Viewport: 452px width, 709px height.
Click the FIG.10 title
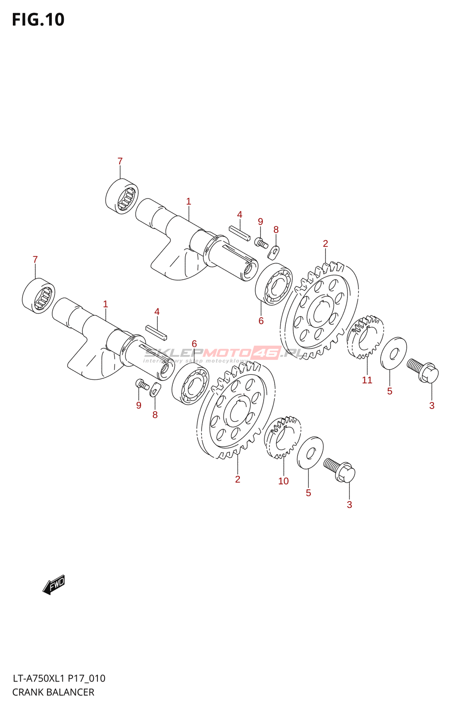coord(38,20)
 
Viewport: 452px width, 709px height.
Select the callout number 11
coord(367,380)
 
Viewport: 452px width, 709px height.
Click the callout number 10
coord(283,481)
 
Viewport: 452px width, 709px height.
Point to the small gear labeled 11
coord(365,337)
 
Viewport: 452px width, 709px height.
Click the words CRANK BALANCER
coord(53,692)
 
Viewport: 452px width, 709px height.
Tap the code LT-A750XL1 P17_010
coord(59,678)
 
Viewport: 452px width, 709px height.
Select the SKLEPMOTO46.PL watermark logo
coord(224,353)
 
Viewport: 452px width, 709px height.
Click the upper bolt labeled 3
coord(423,371)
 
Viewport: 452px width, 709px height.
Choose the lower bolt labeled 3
coord(340,470)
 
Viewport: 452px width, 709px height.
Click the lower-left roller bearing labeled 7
coord(39,296)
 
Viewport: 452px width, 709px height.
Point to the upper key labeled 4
coord(240,233)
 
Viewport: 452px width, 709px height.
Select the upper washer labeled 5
coord(394,353)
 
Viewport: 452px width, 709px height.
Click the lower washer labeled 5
coord(310,452)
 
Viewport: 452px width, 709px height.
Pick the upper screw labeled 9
coord(261,242)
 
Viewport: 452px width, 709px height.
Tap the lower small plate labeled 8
coord(154,390)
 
